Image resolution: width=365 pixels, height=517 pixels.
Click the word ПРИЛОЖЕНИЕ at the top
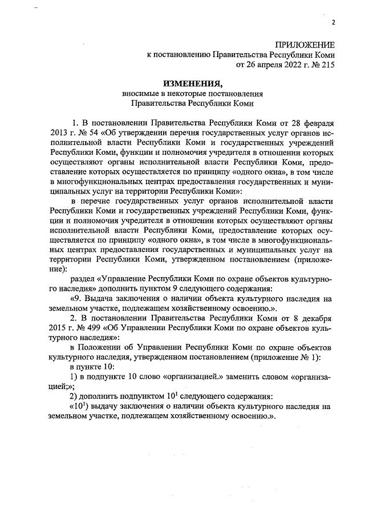[305, 45]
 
